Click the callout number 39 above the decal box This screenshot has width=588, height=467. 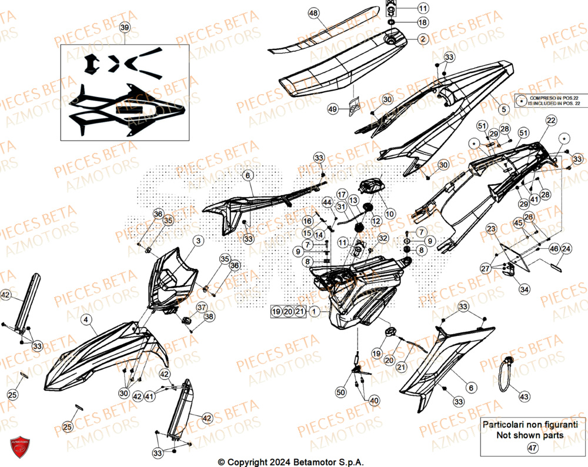[x=124, y=28]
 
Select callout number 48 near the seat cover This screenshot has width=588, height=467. [x=313, y=13]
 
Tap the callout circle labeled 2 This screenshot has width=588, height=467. [x=423, y=39]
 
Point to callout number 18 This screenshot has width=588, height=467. [x=423, y=22]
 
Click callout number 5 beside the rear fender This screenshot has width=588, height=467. [x=503, y=109]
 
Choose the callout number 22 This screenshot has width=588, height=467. [x=550, y=121]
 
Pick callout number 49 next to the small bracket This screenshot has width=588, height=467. [x=332, y=109]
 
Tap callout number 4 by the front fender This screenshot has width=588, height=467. [x=86, y=320]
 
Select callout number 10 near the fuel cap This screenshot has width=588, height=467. [x=390, y=213]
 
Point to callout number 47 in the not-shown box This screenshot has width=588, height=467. [x=533, y=448]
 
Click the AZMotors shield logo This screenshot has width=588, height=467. [x=19, y=448]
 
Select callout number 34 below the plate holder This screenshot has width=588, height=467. [x=523, y=289]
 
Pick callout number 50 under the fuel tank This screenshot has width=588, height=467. [x=341, y=392]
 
